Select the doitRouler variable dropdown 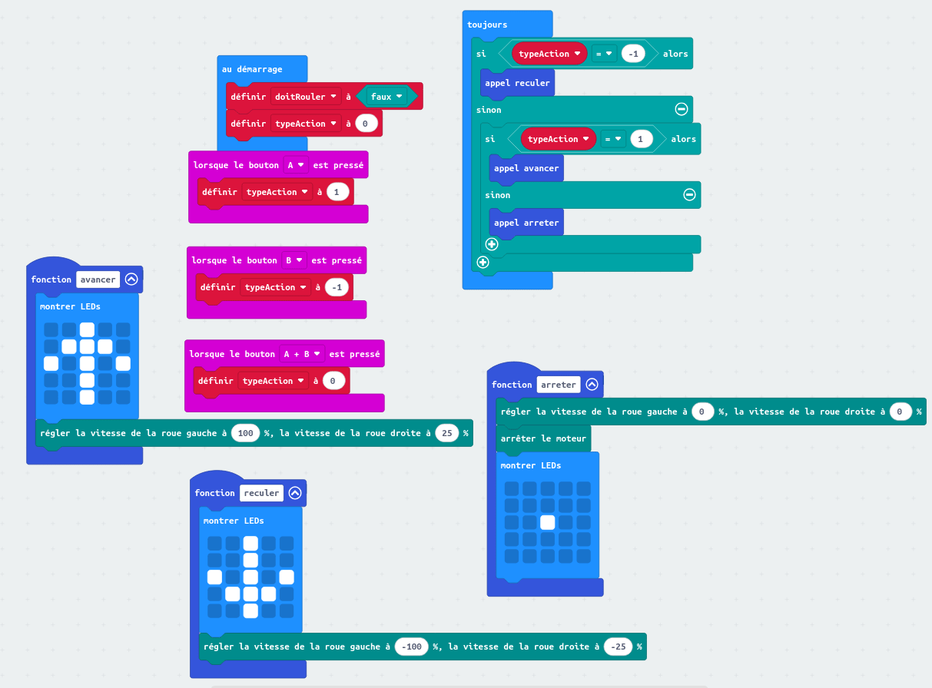coord(307,97)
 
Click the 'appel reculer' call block coord(517,83)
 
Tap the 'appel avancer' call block coord(526,168)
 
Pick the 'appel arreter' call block coord(526,223)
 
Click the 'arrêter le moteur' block coord(542,438)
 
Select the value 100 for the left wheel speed coord(246,433)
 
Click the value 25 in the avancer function coord(446,433)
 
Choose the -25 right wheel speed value coord(618,647)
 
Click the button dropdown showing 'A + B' coord(301,354)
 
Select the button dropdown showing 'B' coord(294,260)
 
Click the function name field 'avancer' coord(98,279)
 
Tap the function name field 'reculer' coord(261,493)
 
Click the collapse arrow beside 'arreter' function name coord(592,385)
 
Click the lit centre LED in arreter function coord(548,522)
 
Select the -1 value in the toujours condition coord(633,54)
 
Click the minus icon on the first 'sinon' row coord(681,109)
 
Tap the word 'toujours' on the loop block coord(487,25)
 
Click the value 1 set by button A coord(337,192)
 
